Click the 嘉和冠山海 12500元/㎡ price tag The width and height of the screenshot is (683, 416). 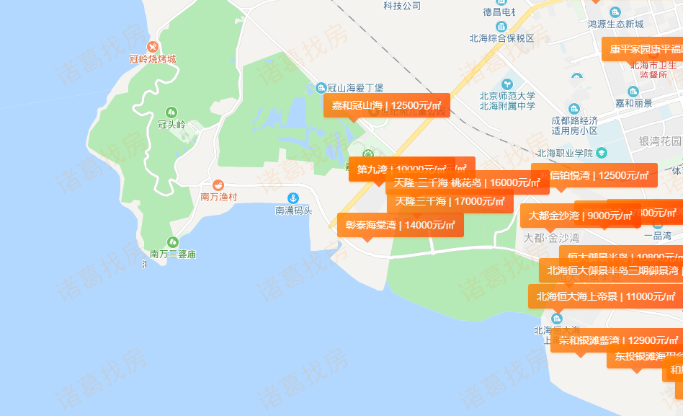387,105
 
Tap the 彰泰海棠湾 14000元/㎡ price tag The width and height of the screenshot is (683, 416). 400,225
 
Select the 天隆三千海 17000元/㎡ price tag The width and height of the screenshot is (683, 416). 450,201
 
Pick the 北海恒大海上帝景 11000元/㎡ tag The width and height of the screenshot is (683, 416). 604,296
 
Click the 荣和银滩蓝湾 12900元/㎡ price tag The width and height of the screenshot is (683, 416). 616,340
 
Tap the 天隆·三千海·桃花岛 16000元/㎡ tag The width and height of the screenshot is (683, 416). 467,182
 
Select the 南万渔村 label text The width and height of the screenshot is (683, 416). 218,196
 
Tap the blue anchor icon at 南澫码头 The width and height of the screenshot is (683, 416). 293,198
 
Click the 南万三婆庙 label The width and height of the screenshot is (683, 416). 173,254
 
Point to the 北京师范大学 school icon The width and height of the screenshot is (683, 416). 508,84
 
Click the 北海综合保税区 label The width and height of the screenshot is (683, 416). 502,38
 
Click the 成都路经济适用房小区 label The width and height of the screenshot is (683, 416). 574,125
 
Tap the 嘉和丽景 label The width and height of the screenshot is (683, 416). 633,103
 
